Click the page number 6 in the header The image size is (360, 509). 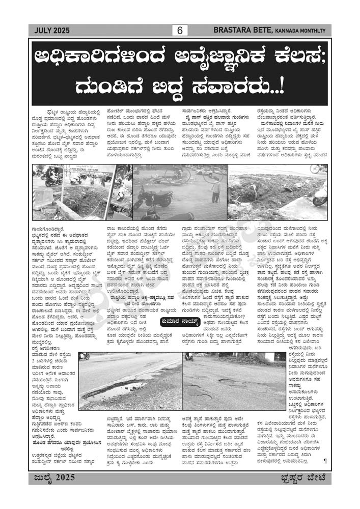[180, 31]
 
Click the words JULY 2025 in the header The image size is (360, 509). [51, 31]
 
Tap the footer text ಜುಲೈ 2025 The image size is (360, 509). [53, 477]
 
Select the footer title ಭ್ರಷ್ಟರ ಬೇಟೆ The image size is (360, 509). [306, 477]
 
